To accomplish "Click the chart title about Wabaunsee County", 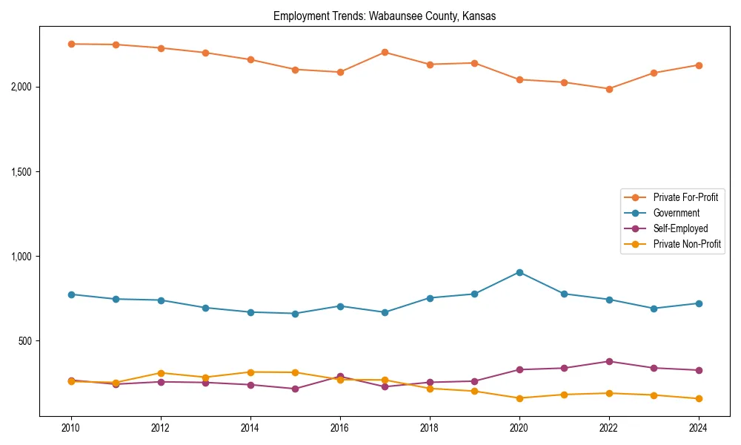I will (x=384, y=16).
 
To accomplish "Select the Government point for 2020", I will (x=519, y=272).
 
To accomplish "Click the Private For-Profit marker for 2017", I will (x=385, y=52).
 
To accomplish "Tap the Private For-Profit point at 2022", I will (x=609, y=89).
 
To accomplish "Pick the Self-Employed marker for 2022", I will (x=609, y=361).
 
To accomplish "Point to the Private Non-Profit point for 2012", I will (x=161, y=373).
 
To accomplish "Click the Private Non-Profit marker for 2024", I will (x=699, y=399).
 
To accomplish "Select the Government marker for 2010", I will (x=71, y=294).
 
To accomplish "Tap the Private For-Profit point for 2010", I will (x=71, y=44).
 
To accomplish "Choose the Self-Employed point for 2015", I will (x=295, y=389).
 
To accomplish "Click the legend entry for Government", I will (x=676, y=213).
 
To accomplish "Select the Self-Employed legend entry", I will (x=680, y=228).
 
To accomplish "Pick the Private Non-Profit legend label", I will (x=687, y=244).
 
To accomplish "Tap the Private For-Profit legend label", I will (x=685, y=197).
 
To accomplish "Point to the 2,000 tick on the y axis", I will (x=21, y=87).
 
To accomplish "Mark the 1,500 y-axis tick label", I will (x=21, y=172).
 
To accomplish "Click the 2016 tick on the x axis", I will (x=339, y=428).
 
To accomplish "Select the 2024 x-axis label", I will (x=699, y=428).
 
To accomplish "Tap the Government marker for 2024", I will (x=699, y=303).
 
